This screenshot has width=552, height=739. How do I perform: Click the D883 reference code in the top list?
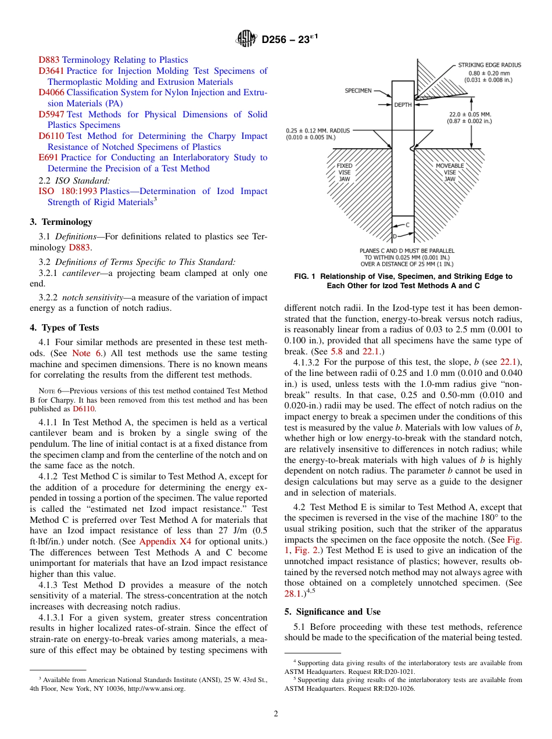(49, 60)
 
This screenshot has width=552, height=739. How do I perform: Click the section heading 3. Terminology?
(60, 222)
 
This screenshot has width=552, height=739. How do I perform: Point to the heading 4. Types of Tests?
(64, 328)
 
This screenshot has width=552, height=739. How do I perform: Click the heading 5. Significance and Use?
(332, 612)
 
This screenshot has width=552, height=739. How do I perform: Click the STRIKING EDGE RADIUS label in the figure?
(489, 65)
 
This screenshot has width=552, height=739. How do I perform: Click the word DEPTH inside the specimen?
(403, 105)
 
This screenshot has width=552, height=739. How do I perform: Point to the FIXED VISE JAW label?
(344, 173)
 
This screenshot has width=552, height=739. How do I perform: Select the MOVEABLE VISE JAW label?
(450, 173)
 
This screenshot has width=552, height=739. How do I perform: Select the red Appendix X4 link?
(165, 541)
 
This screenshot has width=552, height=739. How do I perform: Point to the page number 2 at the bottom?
(276, 714)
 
